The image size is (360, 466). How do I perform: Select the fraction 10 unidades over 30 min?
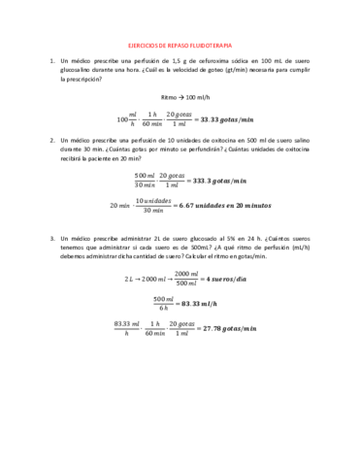tap(152, 206)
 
